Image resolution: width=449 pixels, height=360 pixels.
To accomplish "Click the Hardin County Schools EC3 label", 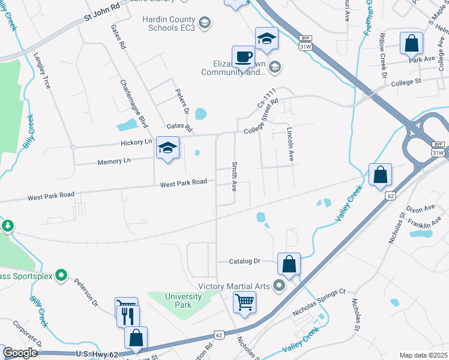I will click(169, 23).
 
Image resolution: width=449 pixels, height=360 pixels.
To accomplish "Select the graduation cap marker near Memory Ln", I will click(168, 148).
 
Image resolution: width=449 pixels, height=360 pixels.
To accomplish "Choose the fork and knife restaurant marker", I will click(127, 316).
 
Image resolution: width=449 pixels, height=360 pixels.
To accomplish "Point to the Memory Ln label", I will click(113, 161).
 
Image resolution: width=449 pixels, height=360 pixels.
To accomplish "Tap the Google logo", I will click(20, 353).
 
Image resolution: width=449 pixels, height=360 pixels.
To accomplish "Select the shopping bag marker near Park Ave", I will click(412, 43).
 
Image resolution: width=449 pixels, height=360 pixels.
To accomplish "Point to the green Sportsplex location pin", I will click(61, 275).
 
